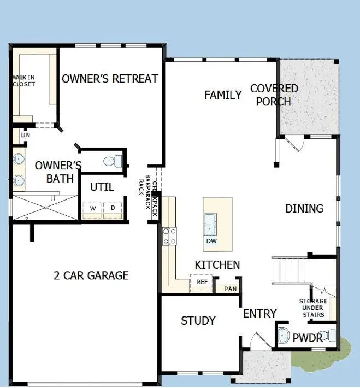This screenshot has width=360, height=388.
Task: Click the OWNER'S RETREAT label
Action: [x=110, y=79]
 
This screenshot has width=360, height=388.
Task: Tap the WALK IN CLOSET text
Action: [x=23, y=81]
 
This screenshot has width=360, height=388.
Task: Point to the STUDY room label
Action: [x=198, y=321]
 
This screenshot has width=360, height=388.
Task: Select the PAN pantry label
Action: [x=231, y=288]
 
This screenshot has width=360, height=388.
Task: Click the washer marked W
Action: [x=93, y=208]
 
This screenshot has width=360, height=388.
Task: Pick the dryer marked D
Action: [x=113, y=208]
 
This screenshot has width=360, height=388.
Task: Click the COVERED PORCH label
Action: [x=274, y=95]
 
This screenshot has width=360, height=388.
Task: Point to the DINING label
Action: [x=304, y=209]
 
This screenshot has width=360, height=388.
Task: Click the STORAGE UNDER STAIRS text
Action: [x=313, y=308]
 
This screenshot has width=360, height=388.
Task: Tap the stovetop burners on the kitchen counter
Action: [x=169, y=236]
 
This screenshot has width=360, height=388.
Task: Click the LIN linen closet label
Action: [x=25, y=135]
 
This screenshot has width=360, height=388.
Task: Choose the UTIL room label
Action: [x=102, y=187]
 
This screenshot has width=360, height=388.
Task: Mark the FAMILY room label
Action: [x=223, y=95]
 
